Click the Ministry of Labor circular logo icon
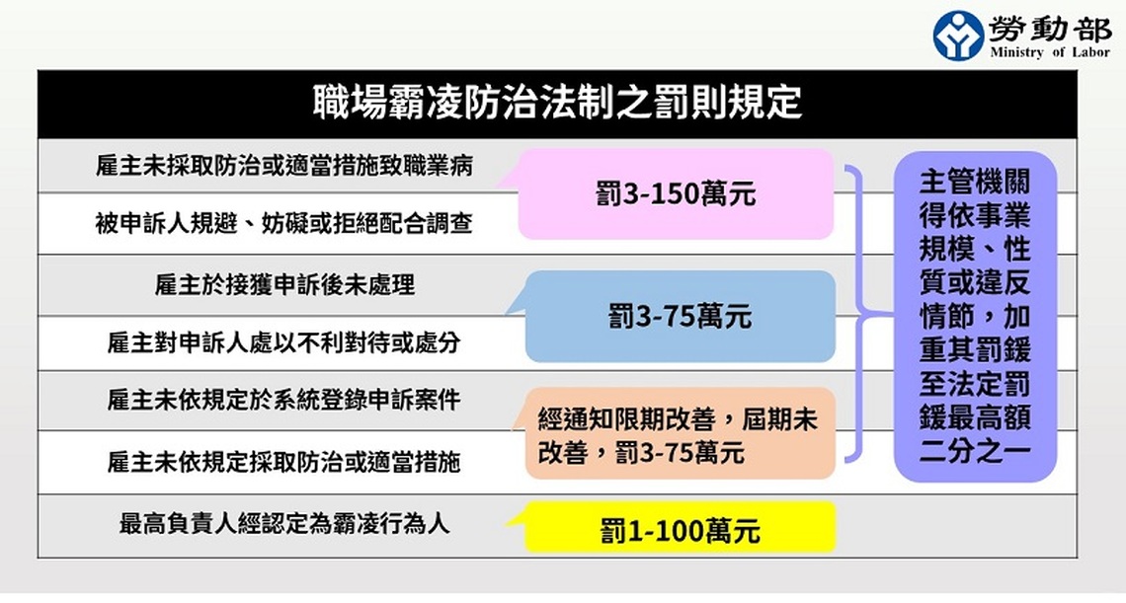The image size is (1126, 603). (x=958, y=35)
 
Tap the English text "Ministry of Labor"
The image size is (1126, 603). (x=1049, y=51)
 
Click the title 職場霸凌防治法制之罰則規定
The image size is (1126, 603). (x=557, y=102)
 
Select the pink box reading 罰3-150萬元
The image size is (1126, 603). (x=675, y=193)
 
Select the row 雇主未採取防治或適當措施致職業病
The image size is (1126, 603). (x=284, y=166)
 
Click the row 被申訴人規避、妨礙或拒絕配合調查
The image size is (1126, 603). (x=284, y=223)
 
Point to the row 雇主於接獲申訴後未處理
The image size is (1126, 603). (x=284, y=285)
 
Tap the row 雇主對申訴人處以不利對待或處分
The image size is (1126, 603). (x=284, y=342)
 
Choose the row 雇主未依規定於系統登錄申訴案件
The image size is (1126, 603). (x=284, y=400)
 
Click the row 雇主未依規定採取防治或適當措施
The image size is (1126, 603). (x=284, y=462)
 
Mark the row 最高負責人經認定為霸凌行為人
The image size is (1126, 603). (x=284, y=523)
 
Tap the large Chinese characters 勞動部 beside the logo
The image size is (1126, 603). (x=1049, y=28)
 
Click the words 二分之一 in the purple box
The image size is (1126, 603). (x=975, y=450)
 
